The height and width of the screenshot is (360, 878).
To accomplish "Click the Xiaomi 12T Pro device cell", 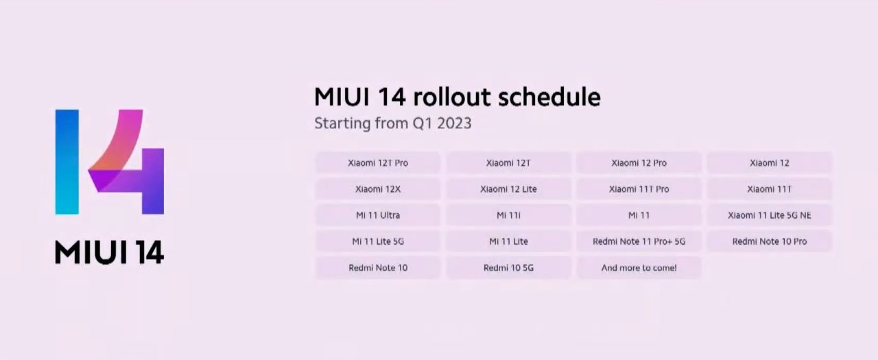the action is [x=378, y=163].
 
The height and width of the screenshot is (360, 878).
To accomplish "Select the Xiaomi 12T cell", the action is [x=508, y=163].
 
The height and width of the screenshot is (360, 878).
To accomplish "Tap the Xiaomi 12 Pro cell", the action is [x=639, y=163].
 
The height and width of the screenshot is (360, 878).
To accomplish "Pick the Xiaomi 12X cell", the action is [x=378, y=189].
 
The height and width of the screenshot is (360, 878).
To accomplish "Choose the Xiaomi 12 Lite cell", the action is [x=508, y=189].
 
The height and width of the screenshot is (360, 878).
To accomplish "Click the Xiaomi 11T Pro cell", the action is [x=639, y=189].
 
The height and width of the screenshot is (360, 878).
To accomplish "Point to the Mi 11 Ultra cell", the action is [x=378, y=215].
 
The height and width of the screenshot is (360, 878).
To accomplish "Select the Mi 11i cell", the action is [x=508, y=215].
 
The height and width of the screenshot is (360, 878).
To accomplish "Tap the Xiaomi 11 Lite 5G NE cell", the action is [x=770, y=215].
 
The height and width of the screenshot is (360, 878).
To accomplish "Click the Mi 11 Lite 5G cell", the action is [x=378, y=241].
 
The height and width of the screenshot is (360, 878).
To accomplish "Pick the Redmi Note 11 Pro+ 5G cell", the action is [x=639, y=241].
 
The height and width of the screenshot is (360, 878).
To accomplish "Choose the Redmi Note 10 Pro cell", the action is [x=770, y=241].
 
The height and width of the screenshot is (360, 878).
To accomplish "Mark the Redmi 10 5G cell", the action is [x=508, y=267].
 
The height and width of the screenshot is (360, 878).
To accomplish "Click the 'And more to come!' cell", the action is [x=639, y=267].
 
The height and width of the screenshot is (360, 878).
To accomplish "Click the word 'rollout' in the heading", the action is [x=452, y=97].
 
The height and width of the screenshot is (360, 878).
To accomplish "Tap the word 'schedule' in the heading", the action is [x=549, y=97].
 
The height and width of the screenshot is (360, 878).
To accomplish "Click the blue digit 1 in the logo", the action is [x=67, y=162].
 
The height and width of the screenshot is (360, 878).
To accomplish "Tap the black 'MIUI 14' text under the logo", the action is [x=109, y=252].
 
